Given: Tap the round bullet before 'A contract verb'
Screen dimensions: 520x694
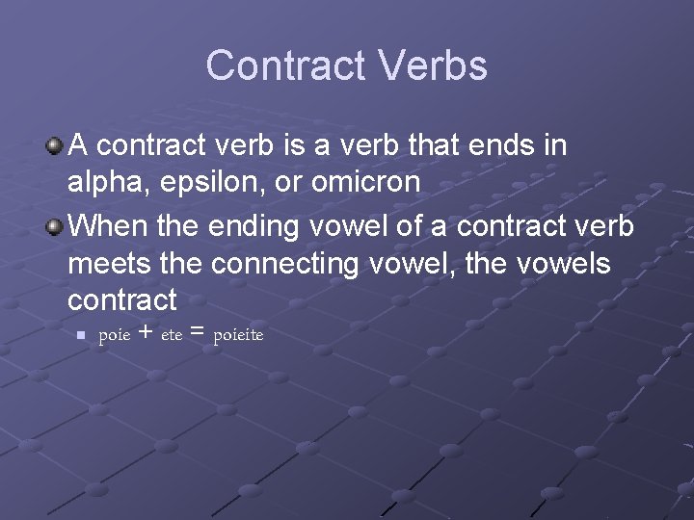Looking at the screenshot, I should [x=55, y=146].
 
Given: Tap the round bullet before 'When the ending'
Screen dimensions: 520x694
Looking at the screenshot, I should [x=55, y=226].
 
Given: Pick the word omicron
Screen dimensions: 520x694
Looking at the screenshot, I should [x=365, y=183].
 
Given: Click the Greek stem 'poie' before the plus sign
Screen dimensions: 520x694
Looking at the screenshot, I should [x=115, y=335].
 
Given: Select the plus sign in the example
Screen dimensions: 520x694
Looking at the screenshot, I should [x=145, y=333].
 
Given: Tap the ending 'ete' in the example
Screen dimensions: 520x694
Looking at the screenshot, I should [x=171, y=336].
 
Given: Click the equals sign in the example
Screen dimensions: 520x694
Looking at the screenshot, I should [x=198, y=333].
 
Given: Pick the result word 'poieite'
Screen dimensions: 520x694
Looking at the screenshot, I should [x=238, y=335].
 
